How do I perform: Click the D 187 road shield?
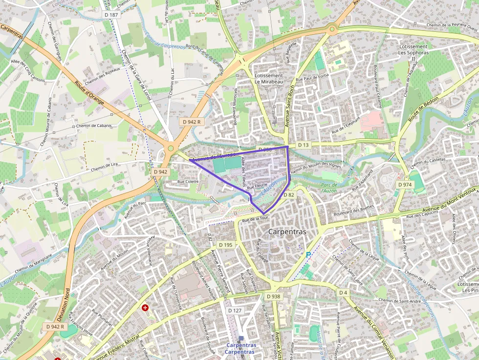coord(111,15)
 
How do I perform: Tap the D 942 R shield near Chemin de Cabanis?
coord(192,122)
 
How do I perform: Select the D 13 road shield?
coord(304,145)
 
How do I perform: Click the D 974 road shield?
coord(405,185)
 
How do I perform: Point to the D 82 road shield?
coord(289,195)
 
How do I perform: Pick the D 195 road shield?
coord(226,245)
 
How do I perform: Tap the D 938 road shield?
coord(274,296)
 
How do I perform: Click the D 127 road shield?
coord(235,311)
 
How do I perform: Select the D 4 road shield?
coord(343,293)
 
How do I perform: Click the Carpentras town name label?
coord(287,232)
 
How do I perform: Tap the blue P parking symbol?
coord(308,255)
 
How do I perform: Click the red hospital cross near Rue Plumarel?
coord(145,308)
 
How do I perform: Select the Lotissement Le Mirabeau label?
coord(269,79)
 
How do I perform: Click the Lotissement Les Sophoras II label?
coord(413,52)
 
